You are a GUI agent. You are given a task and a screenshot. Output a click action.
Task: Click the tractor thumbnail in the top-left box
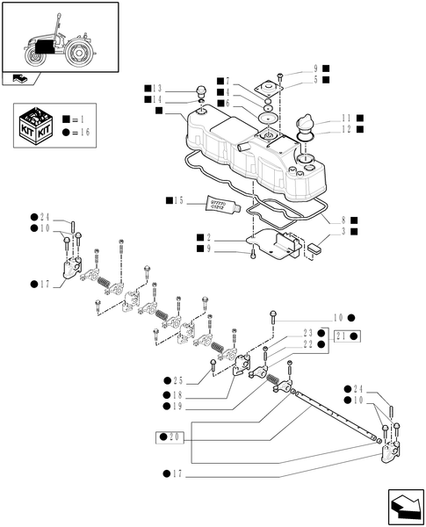click(60, 39)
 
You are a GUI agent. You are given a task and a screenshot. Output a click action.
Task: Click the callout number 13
click(157, 90)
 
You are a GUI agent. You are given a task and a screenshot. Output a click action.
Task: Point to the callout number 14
click(157, 100)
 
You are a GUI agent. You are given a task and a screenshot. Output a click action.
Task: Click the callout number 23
click(308, 334)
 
